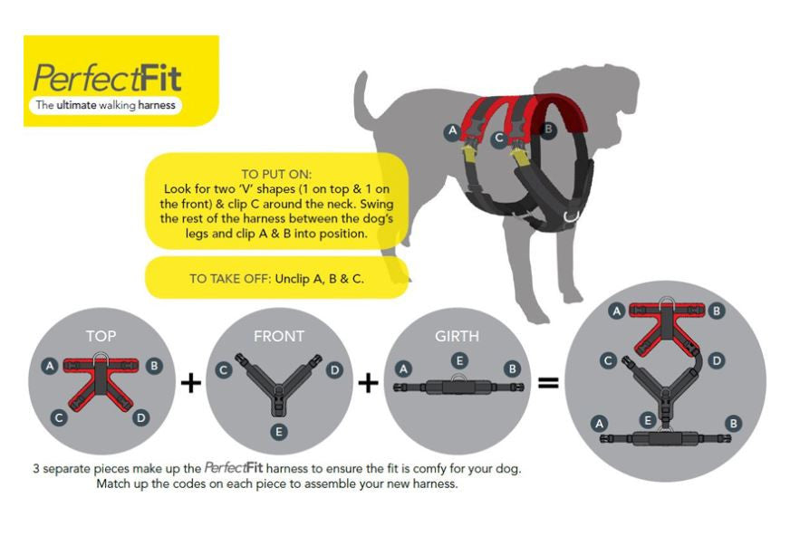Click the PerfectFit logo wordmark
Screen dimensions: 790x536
point(107,78)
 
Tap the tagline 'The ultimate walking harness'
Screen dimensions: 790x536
point(106,105)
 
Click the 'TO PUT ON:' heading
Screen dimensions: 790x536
point(276,174)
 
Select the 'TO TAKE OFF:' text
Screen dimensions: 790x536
point(230,279)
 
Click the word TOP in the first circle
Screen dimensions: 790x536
point(101,336)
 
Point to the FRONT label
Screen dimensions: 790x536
point(279,336)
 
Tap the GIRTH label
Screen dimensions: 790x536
point(457,336)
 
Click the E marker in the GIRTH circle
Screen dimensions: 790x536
point(459,360)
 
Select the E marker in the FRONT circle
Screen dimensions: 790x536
point(278,432)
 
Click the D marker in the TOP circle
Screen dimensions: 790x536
point(141,417)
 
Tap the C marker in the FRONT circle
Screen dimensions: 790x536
point(224,370)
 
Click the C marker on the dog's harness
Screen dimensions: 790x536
point(499,138)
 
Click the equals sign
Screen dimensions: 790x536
point(548,384)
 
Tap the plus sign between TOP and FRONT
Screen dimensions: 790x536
point(191,384)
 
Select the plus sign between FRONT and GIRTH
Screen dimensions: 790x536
point(369,384)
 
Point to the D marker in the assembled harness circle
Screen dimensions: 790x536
point(716,360)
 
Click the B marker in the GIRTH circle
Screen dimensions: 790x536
point(513,368)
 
